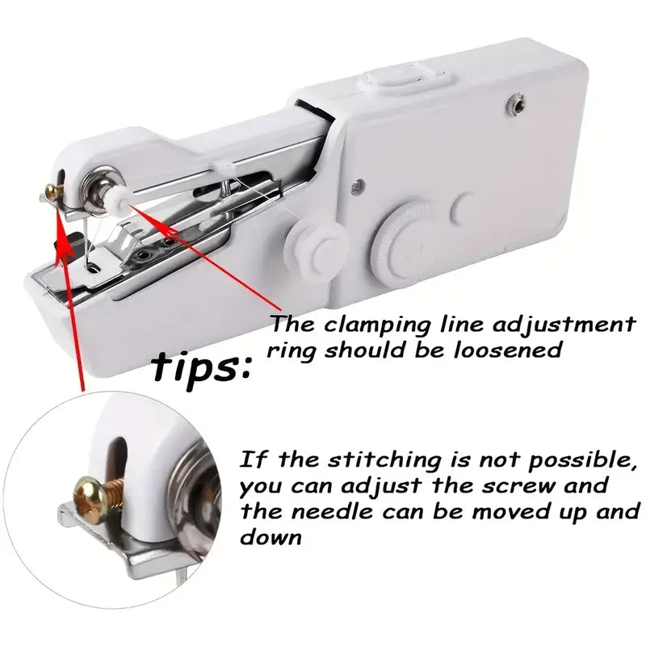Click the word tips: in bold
(203, 367)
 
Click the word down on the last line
(270, 537)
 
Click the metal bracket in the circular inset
(113, 525)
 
